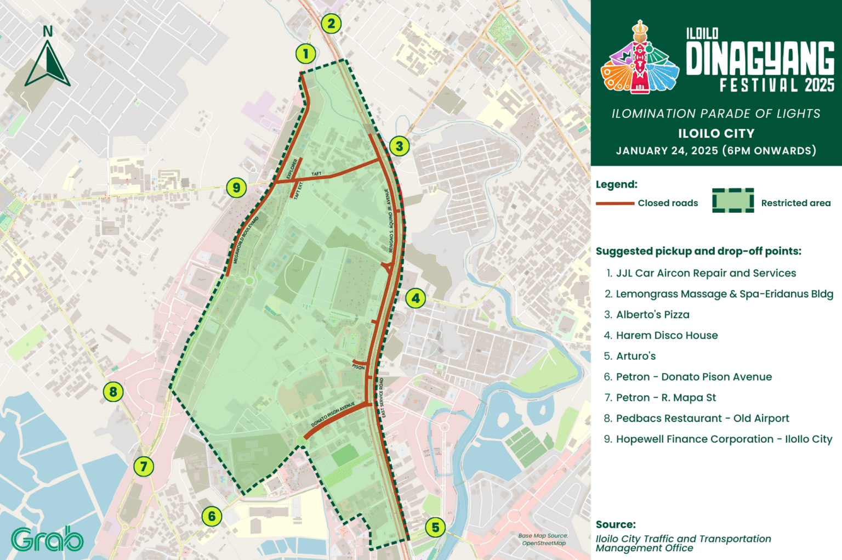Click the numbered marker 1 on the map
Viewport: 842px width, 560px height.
point(306,54)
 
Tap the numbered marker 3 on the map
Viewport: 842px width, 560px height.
point(399,146)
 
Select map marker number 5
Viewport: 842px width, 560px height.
point(435,528)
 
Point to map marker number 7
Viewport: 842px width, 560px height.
point(144,467)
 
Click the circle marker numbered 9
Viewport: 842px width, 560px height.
point(236,188)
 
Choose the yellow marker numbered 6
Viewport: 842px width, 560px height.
point(212,516)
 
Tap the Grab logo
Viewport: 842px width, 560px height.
point(47,539)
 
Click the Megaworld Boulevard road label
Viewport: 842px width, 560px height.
point(246,240)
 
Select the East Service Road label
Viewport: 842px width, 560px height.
point(382,398)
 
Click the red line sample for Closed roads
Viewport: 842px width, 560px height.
point(615,203)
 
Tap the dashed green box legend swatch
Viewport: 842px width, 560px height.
point(733,200)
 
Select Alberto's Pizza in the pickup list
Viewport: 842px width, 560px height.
point(652,315)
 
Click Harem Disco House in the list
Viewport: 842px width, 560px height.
point(667,336)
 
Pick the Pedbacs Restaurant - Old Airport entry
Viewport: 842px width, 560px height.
point(702,418)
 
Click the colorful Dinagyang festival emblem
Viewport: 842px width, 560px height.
point(640,58)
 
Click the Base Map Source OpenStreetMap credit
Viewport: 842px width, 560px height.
point(543,540)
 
